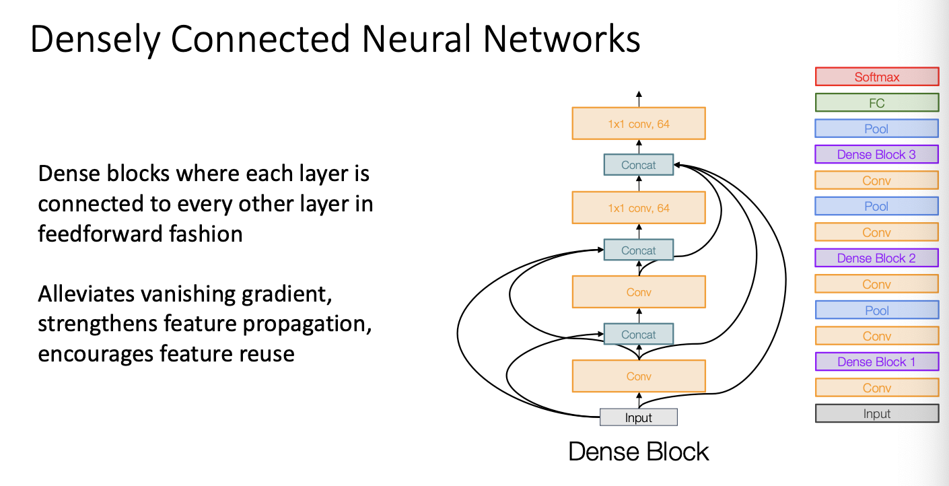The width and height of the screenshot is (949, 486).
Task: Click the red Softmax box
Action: click(x=877, y=77)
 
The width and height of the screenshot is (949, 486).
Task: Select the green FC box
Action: click(x=877, y=102)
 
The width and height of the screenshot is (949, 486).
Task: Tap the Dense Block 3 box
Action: click(x=876, y=154)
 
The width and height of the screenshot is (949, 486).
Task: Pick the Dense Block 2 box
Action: click(x=876, y=258)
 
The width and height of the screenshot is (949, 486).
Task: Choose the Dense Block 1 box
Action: click(x=877, y=361)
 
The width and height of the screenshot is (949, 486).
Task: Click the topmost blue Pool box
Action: click(x=876, y=129)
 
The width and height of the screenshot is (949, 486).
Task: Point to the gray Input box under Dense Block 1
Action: click(x=877, y=413)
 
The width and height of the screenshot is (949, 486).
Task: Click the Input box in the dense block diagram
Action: click(x=639, y=417)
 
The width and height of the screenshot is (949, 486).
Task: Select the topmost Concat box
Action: click(x=639, y=165)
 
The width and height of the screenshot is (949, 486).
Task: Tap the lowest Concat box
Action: click(x=639, y=335)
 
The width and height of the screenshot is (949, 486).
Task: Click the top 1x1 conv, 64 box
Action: click(x=639, y=123)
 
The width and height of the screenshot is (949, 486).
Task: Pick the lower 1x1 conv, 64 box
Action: click(x=639, y=207)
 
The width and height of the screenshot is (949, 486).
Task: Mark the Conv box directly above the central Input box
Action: click(x=639, y=376)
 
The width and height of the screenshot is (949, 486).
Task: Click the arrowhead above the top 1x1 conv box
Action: click(x=639, y=94)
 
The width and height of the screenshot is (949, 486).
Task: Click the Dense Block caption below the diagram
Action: click(x=639, y=451)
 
